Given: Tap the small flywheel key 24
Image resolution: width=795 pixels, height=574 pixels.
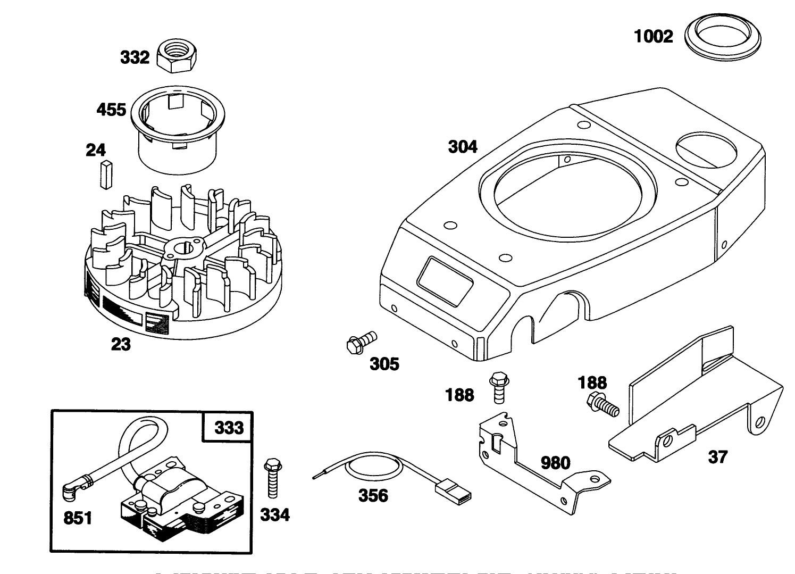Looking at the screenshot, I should [106, 174].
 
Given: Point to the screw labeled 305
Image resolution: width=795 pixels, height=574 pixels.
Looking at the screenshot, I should [361, 340].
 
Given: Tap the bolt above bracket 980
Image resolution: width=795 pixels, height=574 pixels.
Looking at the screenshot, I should [498, 387].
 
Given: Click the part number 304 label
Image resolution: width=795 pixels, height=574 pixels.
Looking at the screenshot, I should [463, 146].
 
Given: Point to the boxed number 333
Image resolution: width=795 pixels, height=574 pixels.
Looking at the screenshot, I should [229, 427].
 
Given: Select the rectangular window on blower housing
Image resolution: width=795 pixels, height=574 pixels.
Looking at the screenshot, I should [445, 281].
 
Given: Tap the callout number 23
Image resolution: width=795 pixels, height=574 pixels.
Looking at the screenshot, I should [121, 344].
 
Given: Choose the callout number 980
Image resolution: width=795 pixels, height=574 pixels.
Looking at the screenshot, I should [555, 463].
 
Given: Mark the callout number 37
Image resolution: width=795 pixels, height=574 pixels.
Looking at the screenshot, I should [718, 456].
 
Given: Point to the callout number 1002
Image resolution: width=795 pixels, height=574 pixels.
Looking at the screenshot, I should [654, 36].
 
